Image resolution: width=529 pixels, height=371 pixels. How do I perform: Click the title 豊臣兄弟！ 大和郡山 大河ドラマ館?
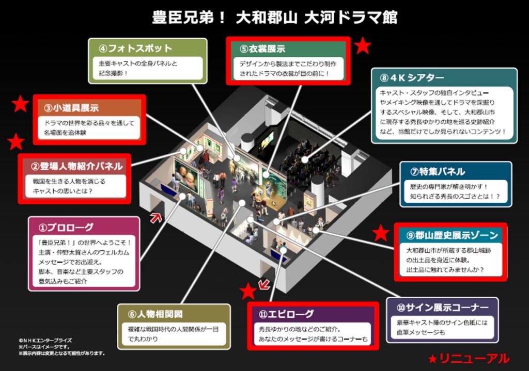275,18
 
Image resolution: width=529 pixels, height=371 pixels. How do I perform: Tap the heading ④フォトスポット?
135,49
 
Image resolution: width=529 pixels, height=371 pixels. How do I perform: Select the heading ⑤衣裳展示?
262,49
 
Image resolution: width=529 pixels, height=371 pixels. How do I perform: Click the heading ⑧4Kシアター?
412,78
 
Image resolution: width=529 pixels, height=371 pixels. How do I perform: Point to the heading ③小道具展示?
71,108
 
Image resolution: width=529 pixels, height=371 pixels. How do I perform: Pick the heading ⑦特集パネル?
438,171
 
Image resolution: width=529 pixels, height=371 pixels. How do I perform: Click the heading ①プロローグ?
66,228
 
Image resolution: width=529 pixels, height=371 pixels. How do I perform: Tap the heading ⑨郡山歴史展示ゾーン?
452,235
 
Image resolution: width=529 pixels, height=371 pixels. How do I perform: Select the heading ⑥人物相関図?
155,314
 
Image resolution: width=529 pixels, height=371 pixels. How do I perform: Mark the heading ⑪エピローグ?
286,314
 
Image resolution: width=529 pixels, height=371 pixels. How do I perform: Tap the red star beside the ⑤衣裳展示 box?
363,45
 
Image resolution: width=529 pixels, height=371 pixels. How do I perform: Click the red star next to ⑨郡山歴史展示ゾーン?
381,233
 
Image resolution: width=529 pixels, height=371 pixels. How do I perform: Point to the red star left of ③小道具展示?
20,104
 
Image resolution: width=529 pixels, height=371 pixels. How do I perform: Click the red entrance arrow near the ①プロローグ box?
155,218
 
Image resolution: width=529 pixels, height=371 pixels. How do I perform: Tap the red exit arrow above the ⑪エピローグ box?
264,284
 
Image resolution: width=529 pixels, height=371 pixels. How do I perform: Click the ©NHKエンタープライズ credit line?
45,341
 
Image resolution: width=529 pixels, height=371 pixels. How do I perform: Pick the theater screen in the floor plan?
266,141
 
